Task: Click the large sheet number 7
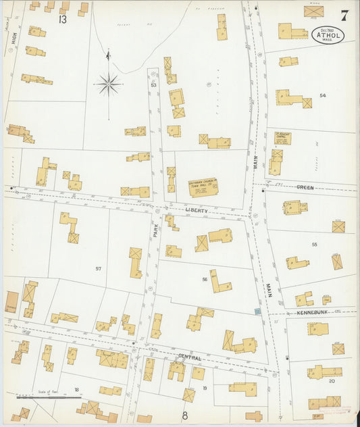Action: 344,16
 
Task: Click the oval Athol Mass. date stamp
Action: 328,34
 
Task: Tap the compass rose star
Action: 108,84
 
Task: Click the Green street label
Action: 306,186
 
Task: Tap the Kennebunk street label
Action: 311,313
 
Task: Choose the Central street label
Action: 190,356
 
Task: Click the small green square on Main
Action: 257,311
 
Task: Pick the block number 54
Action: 323,96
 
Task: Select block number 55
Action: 314,244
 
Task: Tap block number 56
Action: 204,279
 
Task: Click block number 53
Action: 153,85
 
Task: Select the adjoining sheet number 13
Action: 62,20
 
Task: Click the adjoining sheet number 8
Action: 184,416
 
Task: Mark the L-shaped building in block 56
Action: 218,281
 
